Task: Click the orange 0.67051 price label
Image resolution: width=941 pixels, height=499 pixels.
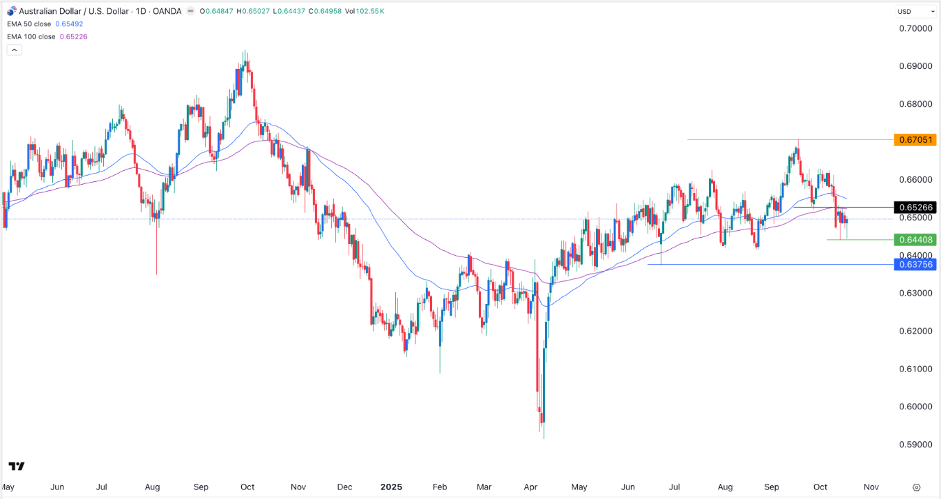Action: click(914, 140)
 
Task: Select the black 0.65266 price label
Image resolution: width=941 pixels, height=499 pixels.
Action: click(914, 207)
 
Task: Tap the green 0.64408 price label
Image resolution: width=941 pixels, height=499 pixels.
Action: click(914, 240)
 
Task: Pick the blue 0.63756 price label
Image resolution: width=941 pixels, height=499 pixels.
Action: click(914, 264)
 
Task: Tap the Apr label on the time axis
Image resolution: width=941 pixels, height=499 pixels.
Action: click(530, 487)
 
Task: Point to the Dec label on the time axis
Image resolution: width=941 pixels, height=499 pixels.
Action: click(345, 487)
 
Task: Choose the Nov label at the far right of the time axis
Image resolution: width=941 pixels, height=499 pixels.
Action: click(871, 487)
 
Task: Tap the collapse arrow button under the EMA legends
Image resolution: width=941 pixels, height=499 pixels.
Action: click(14, 50)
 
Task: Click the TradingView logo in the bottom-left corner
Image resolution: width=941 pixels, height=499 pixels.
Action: click(17, 467)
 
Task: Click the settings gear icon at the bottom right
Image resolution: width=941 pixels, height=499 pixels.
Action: click(917, 487)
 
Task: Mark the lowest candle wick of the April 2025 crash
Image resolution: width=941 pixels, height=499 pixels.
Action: click(544, 438)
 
